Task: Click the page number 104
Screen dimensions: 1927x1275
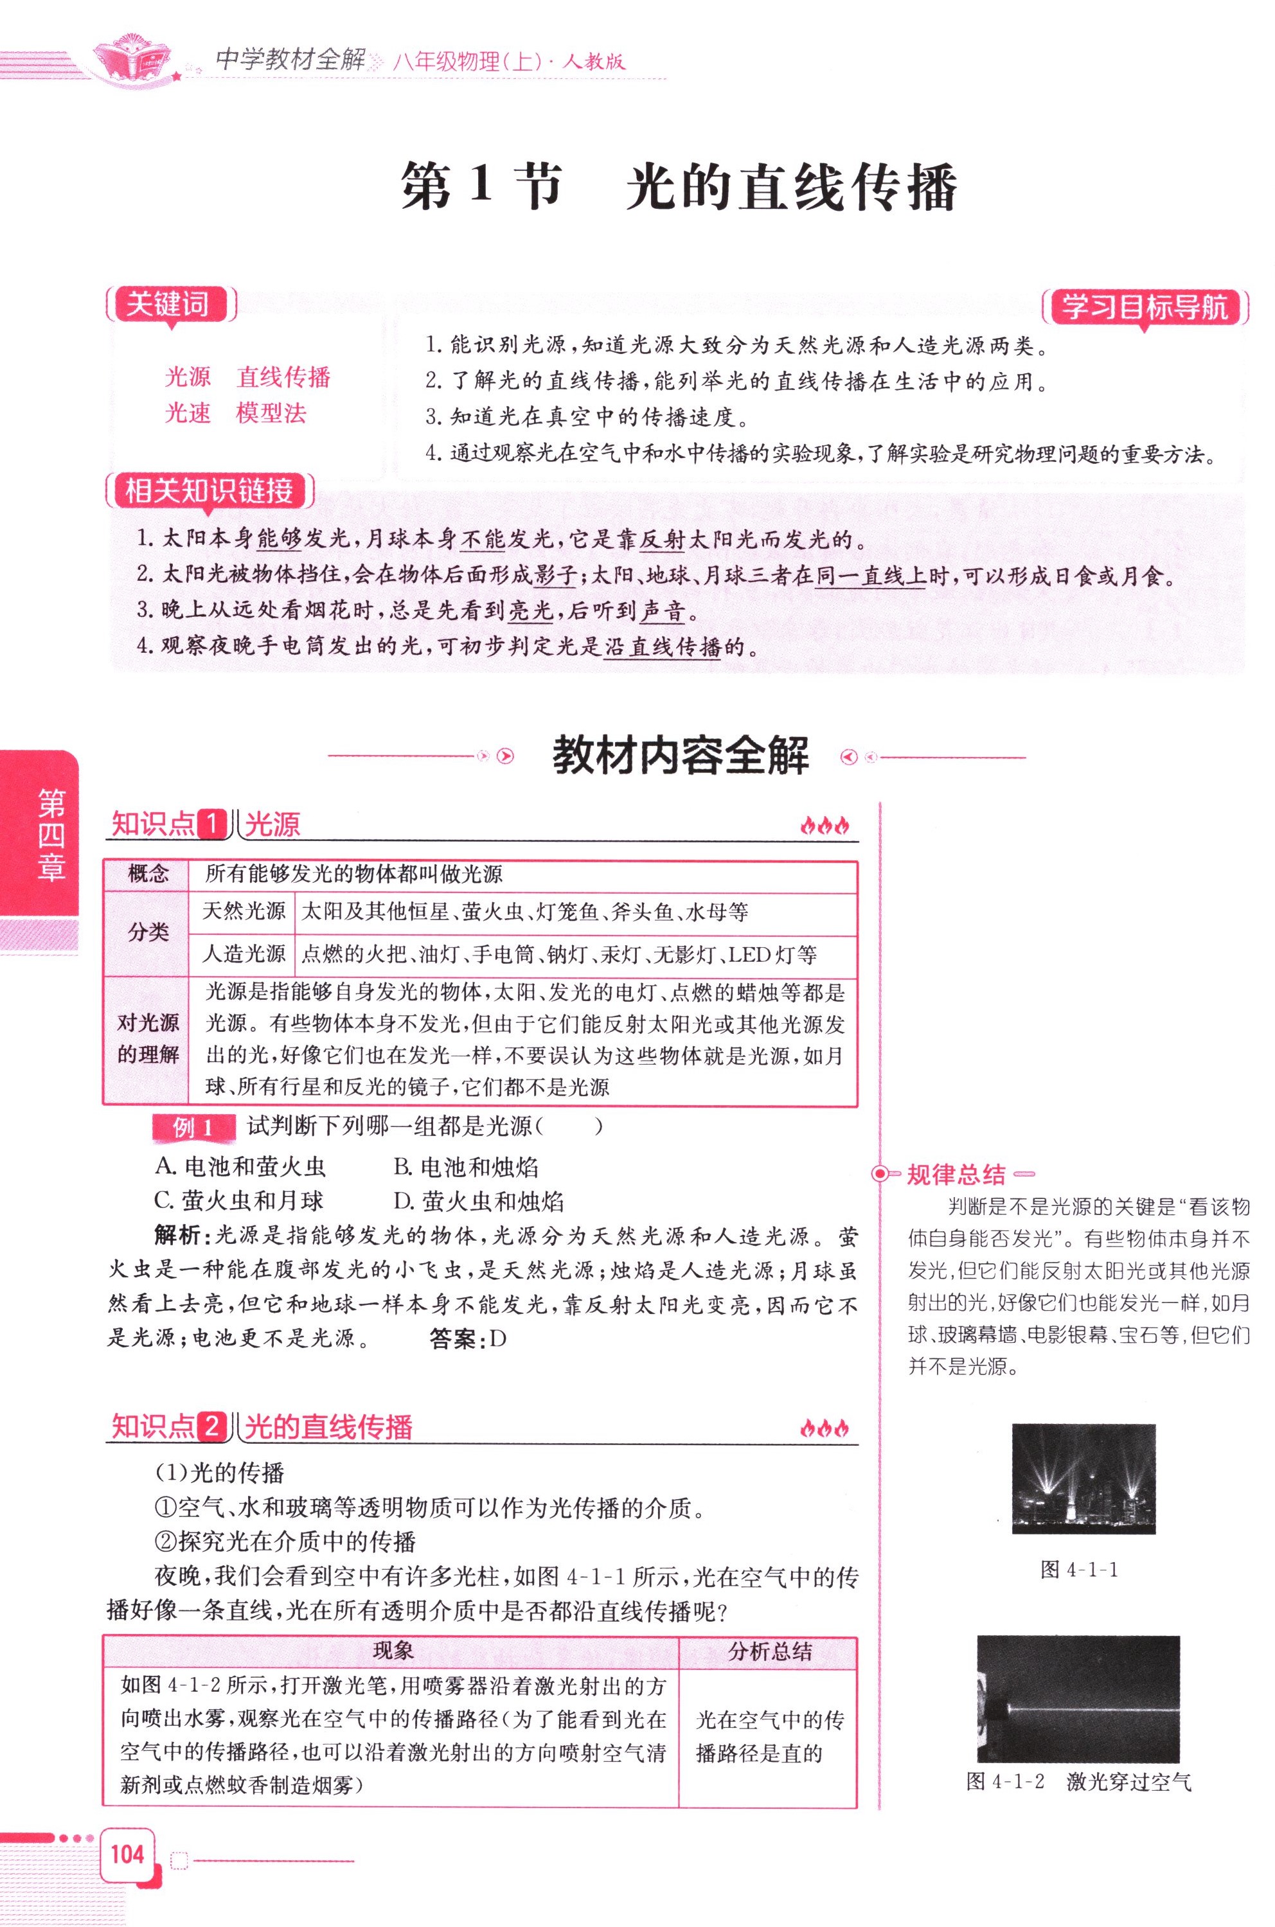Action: [128, 1854]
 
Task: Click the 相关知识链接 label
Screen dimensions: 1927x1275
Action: [209, 491]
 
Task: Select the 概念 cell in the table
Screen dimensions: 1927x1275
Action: [148, 874]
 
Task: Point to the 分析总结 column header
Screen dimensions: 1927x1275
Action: [769, 1651]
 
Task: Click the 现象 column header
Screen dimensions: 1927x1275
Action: [393, 1651]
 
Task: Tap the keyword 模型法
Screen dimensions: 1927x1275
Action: [271, 413]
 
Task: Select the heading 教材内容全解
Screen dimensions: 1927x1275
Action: [681, 756]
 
